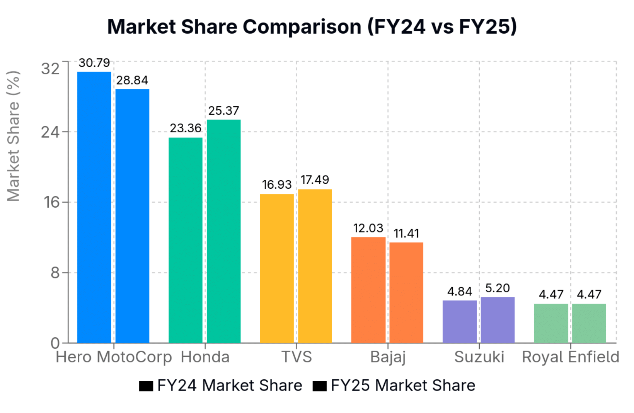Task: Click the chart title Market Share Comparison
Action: [x=312, y=27]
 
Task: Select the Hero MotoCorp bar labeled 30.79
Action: [x=94, y=207]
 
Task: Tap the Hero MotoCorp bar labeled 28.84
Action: [x=132, y=216]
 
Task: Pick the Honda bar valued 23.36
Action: [x=185, y=240]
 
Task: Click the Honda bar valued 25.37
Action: [x=223, y=231]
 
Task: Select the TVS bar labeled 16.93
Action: [x=276, y=268]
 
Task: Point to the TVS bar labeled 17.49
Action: [x=315, y=266]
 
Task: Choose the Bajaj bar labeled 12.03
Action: [x=368, y=290]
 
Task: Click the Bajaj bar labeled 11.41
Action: [x=406, y=292]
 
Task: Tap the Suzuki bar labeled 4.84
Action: [x=459, y=322]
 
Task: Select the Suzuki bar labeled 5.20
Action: [x=498, y=320]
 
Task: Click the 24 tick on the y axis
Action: [x=51, y=132]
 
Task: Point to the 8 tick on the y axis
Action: [x=55, y=273]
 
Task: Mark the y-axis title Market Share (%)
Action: [x=14, y=136]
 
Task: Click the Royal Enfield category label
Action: [x=570, y=357]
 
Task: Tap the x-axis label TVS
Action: [x=297, y=357]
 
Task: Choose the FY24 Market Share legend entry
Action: [x=221, y=386]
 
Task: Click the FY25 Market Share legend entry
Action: [x=394, y=386]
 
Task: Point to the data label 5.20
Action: [x=498, y=288]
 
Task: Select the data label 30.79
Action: [x=94, y=63]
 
